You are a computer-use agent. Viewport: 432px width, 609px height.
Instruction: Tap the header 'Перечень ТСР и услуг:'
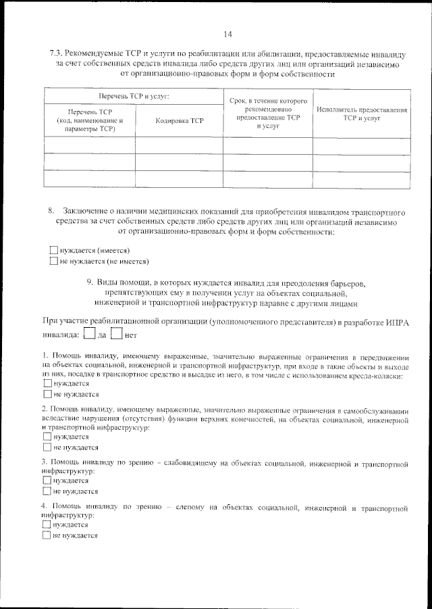coord(133,97)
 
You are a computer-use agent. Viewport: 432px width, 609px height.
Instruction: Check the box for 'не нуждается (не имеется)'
coord(54,261)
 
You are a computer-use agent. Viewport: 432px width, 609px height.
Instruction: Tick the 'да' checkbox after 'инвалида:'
coord(90,333)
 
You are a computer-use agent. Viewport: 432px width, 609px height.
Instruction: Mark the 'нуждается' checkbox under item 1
coord(47,383)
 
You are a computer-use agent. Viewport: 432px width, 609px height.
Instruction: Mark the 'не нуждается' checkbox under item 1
coord(47,393)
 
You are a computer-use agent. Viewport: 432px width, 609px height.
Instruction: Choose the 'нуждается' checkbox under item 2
coord(47,437)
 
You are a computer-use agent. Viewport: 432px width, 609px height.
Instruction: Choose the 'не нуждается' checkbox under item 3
coord(47,491)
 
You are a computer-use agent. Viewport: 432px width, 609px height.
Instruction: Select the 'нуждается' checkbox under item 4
coord(47,525)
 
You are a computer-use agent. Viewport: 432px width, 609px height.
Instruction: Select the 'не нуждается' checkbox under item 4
coord(47,535)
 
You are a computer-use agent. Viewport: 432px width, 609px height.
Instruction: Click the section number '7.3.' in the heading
coord(58,53)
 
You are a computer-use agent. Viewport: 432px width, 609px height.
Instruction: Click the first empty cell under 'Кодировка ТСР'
coord(179,145)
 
